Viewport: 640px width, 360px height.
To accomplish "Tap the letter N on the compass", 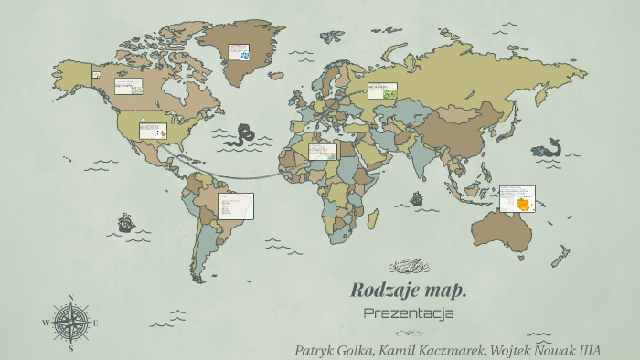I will point(71,297).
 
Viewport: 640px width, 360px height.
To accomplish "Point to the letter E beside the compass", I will point(95,323).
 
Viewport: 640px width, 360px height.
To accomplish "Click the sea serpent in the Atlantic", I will point(243,135).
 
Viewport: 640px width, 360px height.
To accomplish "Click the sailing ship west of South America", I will point(125,222).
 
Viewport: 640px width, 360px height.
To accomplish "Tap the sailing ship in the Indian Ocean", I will point(417,197).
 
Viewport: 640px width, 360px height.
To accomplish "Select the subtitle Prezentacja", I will point(409,313).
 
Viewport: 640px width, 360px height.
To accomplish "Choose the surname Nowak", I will point(539,350).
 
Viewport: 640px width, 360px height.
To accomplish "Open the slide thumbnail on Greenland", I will point(240,51).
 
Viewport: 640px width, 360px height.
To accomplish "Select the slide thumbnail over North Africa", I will point(323,152).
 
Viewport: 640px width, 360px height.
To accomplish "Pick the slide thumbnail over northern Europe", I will point(382,90).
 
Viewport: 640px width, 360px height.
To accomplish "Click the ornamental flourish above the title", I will point(409,267).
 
